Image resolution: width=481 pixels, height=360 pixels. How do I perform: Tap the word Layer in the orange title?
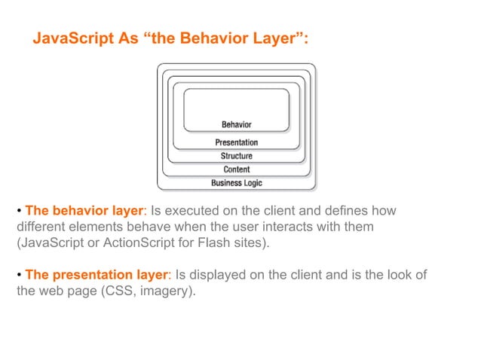[278, 39]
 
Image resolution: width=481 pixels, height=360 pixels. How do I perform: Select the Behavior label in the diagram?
[236, 124]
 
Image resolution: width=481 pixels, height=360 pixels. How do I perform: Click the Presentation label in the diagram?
[236, 142]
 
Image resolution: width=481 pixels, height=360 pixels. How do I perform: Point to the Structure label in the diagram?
[236, 156]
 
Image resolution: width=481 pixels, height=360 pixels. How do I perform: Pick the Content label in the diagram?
[236, 169]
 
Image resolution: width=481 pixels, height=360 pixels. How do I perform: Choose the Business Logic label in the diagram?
[236, 183]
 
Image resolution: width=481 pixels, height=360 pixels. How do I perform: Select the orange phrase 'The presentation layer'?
[96, 276]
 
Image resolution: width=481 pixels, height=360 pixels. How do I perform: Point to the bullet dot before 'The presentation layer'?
[20, 276]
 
